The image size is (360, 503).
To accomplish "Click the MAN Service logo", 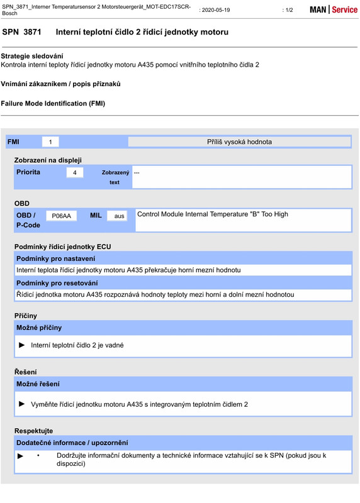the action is click(x=333, y=10).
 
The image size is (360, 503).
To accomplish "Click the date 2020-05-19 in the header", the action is click(x=215, y=10).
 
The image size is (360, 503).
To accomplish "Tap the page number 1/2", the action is click(x=288, y=10).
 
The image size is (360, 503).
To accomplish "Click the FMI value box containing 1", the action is click(x=50, y=142).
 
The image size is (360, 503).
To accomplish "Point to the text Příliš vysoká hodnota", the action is click(x=239, y=142).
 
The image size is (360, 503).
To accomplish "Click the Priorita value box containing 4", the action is click(x=74, y=172).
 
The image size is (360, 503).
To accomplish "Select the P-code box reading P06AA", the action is click(x=61, y=216).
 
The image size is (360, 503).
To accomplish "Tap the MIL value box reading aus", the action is click(x=120, y=216).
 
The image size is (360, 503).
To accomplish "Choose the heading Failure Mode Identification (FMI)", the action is click(x=53, y=103).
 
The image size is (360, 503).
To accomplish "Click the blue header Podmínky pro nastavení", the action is click(x=56, y=258).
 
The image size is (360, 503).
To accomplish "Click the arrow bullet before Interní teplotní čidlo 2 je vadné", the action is click(x=23, y=345).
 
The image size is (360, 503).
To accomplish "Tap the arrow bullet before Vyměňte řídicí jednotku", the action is click(x=23, y=404).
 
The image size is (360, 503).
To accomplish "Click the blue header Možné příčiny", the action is click(x=39, y=328).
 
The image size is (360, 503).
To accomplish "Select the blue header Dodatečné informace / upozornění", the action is click(x=72, y=443).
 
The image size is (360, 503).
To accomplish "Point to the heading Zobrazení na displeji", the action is click(x=48, y=160).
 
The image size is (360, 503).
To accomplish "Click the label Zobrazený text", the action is click(x=115, y=177).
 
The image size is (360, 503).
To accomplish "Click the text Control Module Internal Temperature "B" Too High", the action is click(x=213, y=214).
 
